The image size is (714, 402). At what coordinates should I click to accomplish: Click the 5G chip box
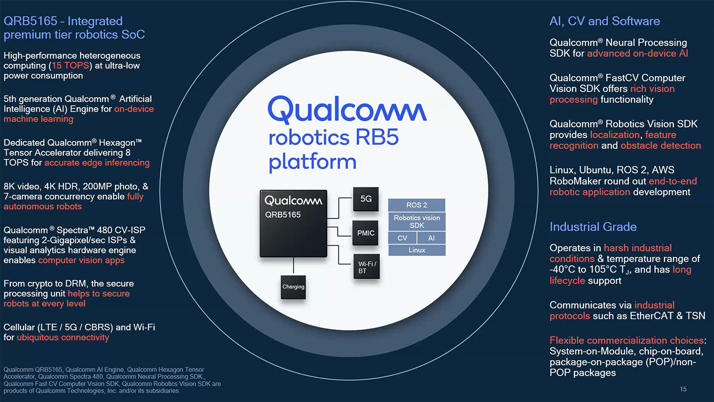366,199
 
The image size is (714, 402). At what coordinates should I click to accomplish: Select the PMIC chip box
365,233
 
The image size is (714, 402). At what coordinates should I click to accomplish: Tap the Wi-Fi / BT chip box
366,267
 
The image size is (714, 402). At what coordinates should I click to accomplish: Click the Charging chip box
293,287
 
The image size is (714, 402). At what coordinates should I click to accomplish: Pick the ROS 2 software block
416,205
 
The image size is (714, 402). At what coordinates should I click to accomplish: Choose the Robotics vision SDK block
416,222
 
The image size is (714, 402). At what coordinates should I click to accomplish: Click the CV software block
402,238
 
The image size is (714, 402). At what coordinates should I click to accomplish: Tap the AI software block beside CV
431,238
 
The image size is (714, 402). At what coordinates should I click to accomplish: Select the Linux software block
416,250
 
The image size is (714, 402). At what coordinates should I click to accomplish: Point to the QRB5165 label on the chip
283,215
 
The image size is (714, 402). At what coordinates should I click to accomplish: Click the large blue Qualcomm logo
347,110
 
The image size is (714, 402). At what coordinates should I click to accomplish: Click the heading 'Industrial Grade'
593,227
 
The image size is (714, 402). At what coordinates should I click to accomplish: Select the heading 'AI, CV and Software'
604,21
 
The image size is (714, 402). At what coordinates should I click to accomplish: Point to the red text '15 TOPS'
70,66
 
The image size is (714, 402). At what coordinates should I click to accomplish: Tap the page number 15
683,389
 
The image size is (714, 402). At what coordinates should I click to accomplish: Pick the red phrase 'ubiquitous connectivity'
63,338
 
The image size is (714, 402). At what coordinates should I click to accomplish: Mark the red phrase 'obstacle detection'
660,146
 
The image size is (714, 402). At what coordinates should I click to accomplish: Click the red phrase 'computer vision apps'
81,260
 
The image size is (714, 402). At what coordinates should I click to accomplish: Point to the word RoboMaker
572,181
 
